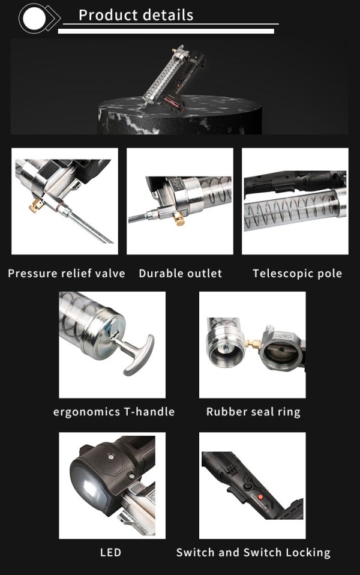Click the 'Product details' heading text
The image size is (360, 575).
(136, 15)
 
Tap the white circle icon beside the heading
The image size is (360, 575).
(31, 18)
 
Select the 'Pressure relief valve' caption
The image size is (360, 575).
(67, 274)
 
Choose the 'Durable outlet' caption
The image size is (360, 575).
(180, 274)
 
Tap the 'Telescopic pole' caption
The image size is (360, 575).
(297, 274)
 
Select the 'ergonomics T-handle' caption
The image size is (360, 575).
(114, 412)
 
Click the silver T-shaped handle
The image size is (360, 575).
(137, 354)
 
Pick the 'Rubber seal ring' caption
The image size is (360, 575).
(253, 412)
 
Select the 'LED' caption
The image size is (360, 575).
(110, 552)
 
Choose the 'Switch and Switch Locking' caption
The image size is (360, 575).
(253, 552)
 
